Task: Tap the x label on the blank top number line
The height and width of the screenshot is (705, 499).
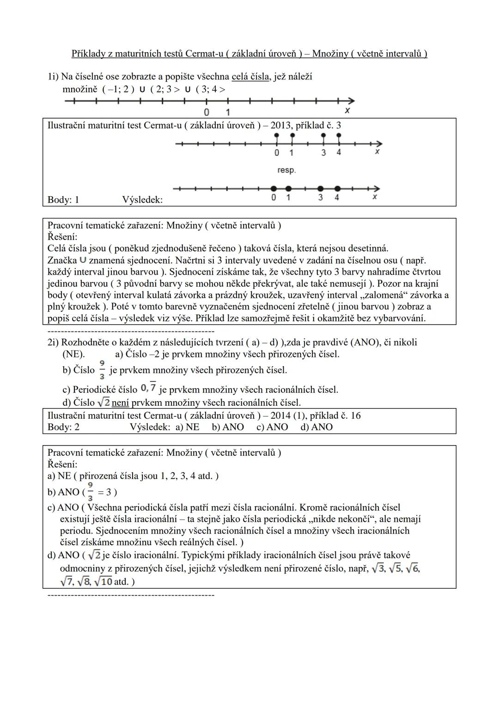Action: (x=347, y=111)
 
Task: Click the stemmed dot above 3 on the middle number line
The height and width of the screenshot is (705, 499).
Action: (x=323, y=135)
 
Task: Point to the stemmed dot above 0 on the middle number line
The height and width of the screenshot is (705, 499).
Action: (x=276, y=135)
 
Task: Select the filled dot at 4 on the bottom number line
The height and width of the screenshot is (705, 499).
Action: (x=337, y=188)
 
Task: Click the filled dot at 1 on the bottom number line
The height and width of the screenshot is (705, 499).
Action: (x=289, y=188)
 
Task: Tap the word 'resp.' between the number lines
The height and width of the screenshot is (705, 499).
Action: (x=286, y=170)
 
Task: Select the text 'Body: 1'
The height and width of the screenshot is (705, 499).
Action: (x=63, y=199)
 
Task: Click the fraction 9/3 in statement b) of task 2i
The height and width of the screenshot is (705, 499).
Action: (x=102, y=370)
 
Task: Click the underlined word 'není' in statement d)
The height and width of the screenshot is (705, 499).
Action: (x=120, y=403)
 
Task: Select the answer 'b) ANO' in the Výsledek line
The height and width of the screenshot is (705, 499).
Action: (x=228, y=427)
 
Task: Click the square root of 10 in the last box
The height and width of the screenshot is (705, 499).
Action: (x=103, y=582)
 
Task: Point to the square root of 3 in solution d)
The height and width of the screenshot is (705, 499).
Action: (x=378, y=569)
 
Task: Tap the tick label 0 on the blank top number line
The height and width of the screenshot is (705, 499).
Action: (x=206, y=112)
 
